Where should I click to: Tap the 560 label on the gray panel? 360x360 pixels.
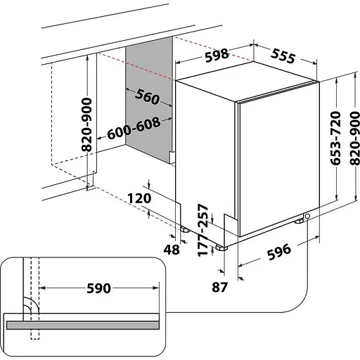click(x=143, y=98)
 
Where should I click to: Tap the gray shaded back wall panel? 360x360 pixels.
click(x=149, y=105)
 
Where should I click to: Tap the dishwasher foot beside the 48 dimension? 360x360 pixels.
click(x=184, y=229)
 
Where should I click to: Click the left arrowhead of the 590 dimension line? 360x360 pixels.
click(x=42, y=289)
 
